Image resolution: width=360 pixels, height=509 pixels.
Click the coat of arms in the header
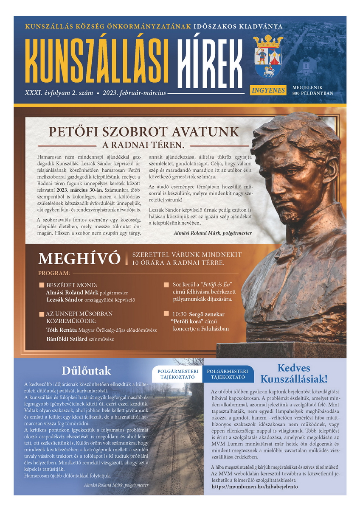[267, 56]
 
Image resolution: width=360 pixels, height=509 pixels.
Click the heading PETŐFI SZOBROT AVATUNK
[144, 132]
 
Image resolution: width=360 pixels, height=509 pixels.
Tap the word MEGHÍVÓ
[79, 259]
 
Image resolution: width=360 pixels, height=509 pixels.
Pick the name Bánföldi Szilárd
[66, 339]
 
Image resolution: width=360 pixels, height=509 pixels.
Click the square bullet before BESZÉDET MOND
[41, 285]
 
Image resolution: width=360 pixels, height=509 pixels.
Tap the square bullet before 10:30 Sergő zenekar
[166, 314]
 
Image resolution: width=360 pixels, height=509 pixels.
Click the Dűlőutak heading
[86, 371]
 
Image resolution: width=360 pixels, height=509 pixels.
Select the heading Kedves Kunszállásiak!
[294, 373]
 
